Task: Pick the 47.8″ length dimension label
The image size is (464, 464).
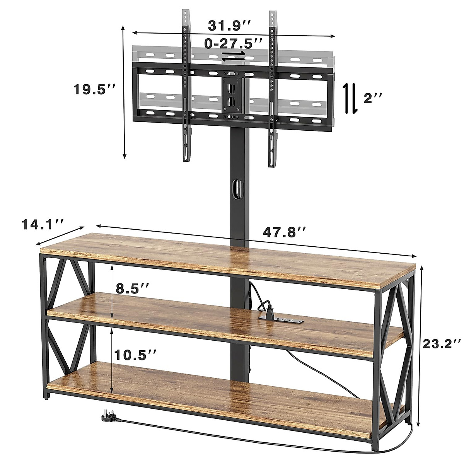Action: tap(285, 232)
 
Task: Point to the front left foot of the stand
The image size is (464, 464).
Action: tap(46, 396)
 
